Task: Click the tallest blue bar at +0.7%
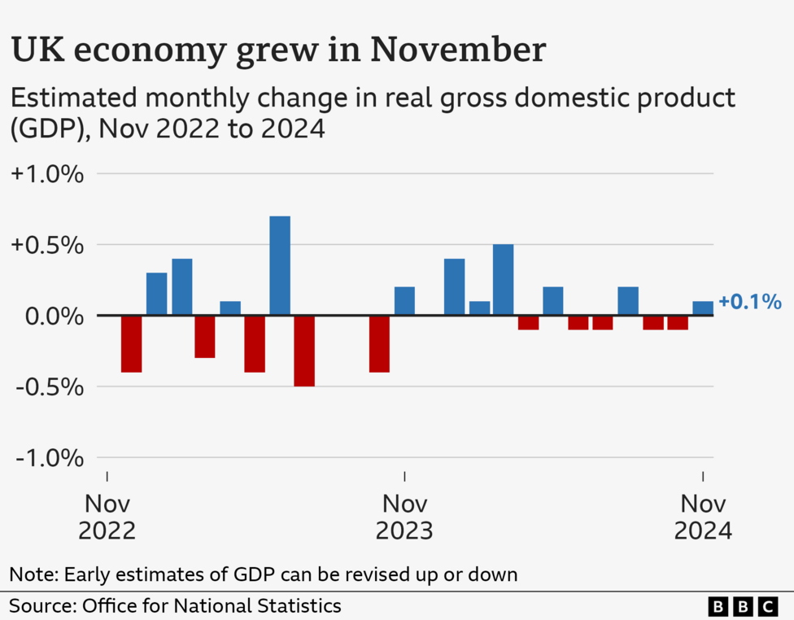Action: [280, 265]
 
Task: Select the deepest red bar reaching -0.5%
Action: [304, 351]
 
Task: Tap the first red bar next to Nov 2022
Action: [131, 343]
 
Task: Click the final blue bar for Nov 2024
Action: [703, 308]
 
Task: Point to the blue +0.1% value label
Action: [749, 303]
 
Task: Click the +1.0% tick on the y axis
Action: [48, 174]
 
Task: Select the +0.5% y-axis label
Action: [48, 245]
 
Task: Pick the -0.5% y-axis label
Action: [50, 386]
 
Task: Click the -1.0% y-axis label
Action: [50, 458]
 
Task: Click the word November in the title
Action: [459, 50]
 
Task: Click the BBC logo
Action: [743, 606]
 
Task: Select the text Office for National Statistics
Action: [210, 606]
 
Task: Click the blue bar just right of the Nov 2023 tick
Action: [404, 301]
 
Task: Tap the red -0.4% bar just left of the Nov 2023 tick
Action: [379, 343]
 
